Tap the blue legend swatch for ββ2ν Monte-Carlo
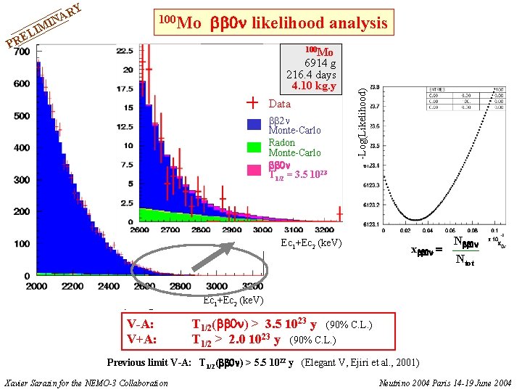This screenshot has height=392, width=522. point(253,124)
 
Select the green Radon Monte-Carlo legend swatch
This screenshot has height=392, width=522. point(253,147)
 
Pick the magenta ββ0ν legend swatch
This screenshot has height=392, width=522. point(253,170)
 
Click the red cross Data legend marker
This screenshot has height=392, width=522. point(253,102)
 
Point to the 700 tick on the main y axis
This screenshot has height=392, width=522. point(22,52)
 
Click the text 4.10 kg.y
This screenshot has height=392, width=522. point(313,86)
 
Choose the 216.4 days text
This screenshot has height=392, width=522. point(311,75)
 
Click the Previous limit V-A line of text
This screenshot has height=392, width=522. point(262,362)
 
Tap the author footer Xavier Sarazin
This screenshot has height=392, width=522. point(86,383)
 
